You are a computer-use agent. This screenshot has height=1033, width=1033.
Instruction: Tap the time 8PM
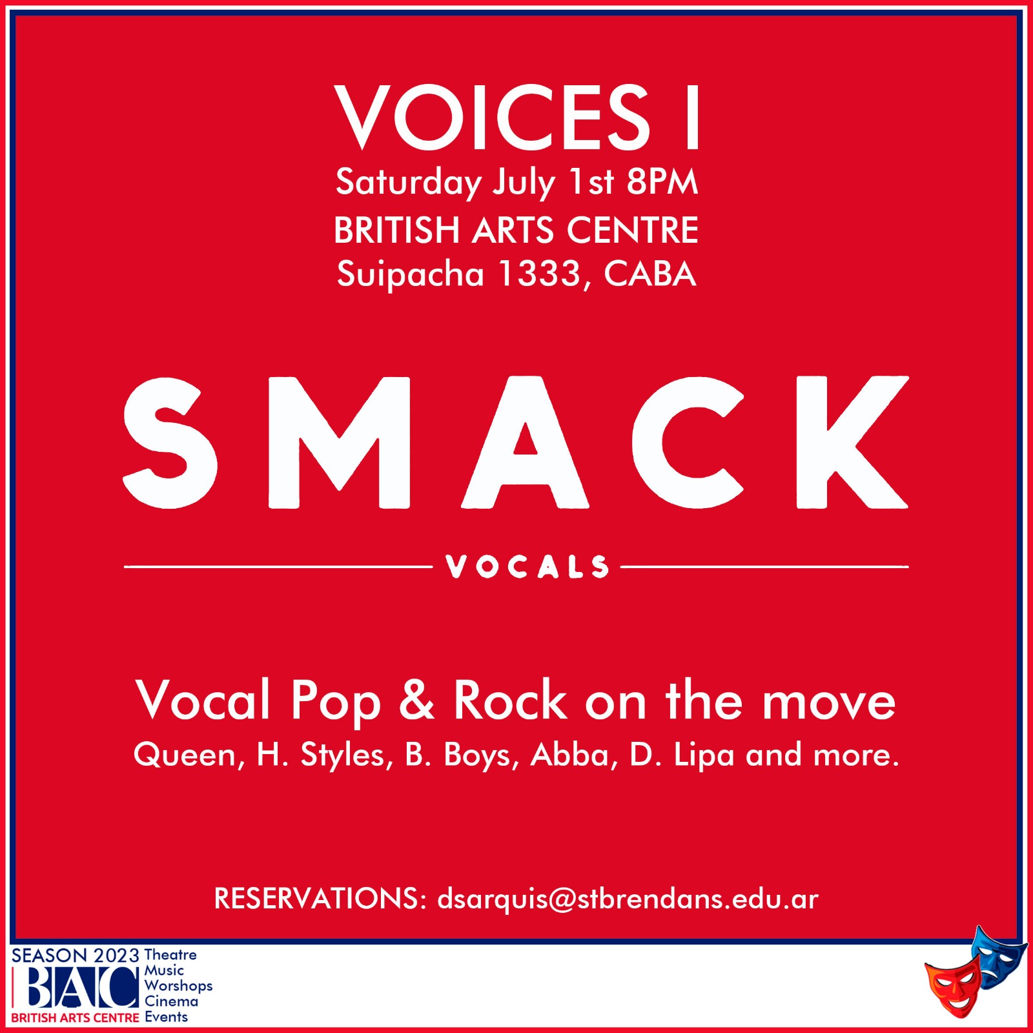coord(662,181)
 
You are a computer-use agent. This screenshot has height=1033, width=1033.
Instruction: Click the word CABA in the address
coord(650,274)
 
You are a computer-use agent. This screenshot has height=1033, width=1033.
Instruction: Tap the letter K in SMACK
coord(852,443)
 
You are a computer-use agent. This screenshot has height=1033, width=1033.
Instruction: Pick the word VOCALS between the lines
coord(527,567)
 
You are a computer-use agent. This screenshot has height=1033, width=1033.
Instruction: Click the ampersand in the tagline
coord(417,700)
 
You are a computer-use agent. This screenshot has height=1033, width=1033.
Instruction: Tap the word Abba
coord(569,754)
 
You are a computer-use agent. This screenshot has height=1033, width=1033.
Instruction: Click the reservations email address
coord(628,899)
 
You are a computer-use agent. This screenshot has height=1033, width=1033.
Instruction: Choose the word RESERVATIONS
coord(316,899)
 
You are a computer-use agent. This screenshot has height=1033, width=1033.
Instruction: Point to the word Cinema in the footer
coord(171,1001)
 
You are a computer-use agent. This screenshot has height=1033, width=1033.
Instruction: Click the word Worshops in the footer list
coord(178,986)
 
